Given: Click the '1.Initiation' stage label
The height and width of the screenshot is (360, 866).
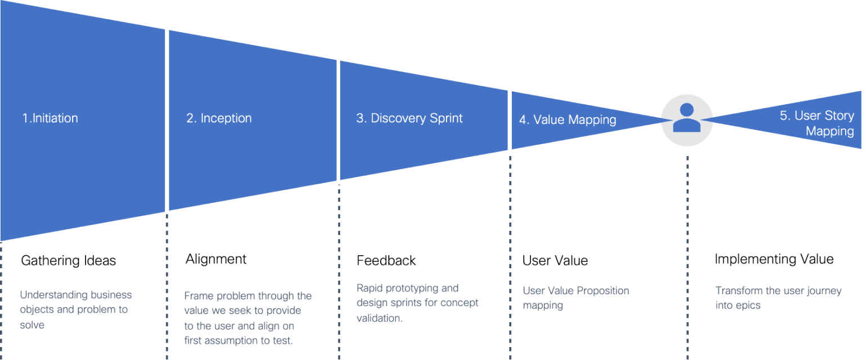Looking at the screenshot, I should tap(50, 118).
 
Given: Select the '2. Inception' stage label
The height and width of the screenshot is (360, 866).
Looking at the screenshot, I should tap(219, 118).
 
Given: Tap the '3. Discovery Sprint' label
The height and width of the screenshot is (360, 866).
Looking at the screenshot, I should tap(409, 118).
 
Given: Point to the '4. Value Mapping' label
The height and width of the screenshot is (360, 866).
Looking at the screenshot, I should tap(568, 120).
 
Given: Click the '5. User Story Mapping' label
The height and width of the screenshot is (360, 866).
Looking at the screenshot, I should tap(817, 123).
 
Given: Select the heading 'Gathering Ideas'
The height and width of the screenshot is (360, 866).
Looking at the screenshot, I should tap(68, 261).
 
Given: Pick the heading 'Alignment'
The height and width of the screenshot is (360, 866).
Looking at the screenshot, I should tap(216, 259).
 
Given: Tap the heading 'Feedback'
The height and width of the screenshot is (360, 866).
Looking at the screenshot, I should tap(386, 261).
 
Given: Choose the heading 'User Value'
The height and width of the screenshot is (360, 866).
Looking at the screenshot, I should tap(555, 261).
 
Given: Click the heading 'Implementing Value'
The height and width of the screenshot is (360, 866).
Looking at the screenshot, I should tap(774, 259).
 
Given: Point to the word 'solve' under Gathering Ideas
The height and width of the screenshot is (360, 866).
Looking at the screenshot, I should tap(32, 325).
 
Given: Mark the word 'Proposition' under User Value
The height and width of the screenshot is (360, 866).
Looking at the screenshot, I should tap(599, 291).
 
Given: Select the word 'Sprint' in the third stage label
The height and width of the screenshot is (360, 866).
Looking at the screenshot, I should tap(445, 118).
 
